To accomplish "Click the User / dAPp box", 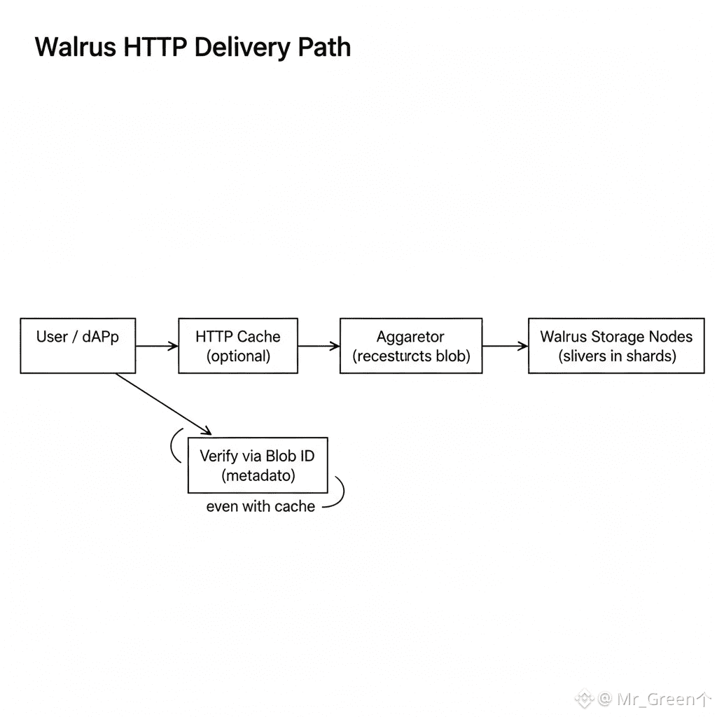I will tap(78, 345).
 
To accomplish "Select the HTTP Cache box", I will tap(238, 345).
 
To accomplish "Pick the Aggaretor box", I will tap(411, 345).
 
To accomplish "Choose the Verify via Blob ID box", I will tap(258, 465).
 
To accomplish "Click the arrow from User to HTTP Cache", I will tap(157, 346).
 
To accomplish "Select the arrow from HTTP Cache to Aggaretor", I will tap(319, 346).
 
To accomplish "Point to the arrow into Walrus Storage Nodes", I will tap(505, 346).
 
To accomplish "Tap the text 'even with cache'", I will tap(260, 506).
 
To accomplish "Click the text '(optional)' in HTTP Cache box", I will tap(238, 356).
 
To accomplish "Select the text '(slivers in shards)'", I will tap(617, 356).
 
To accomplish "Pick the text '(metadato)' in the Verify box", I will tap(258, 475).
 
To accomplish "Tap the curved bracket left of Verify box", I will tap(174, 445).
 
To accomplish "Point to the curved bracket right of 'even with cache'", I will tap(339, 492).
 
